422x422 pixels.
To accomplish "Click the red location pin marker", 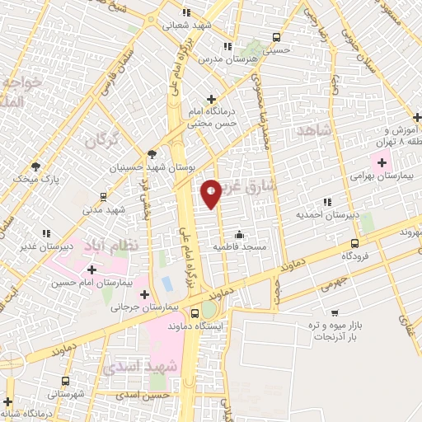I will pyautogui.click(x=211, y=192).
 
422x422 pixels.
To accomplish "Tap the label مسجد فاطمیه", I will pyautogui.click(x=239, y=246).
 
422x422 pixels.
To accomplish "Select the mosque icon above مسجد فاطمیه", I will pyautogui.click(x=239, y=233).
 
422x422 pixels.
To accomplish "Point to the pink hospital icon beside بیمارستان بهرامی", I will pyautogui.click(x=381, y=157).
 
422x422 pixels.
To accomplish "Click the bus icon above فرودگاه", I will pyautogui.click(x=354, y=243).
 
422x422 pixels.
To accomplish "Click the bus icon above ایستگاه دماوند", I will pyautogui.click(x=195, y=313).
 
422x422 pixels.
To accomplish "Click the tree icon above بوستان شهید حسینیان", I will pyautogui.click(x=151, y=153).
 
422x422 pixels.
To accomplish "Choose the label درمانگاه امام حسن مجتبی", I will pyautogui.click(x=212, y=117).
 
